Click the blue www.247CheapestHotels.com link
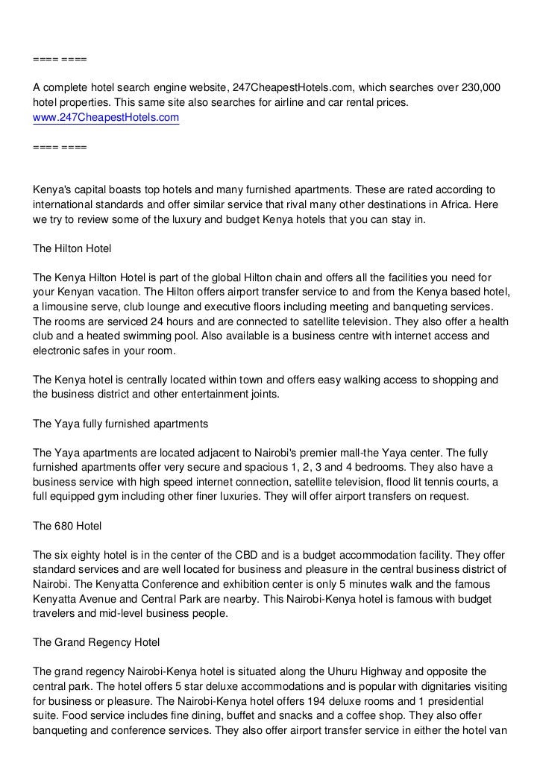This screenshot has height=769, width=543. [x=106, y=117]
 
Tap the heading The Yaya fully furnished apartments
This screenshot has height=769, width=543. [x=119, y=423]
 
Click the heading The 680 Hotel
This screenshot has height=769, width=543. [x=68, y=526]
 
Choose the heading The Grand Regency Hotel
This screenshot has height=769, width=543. [x=96, y=641]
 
